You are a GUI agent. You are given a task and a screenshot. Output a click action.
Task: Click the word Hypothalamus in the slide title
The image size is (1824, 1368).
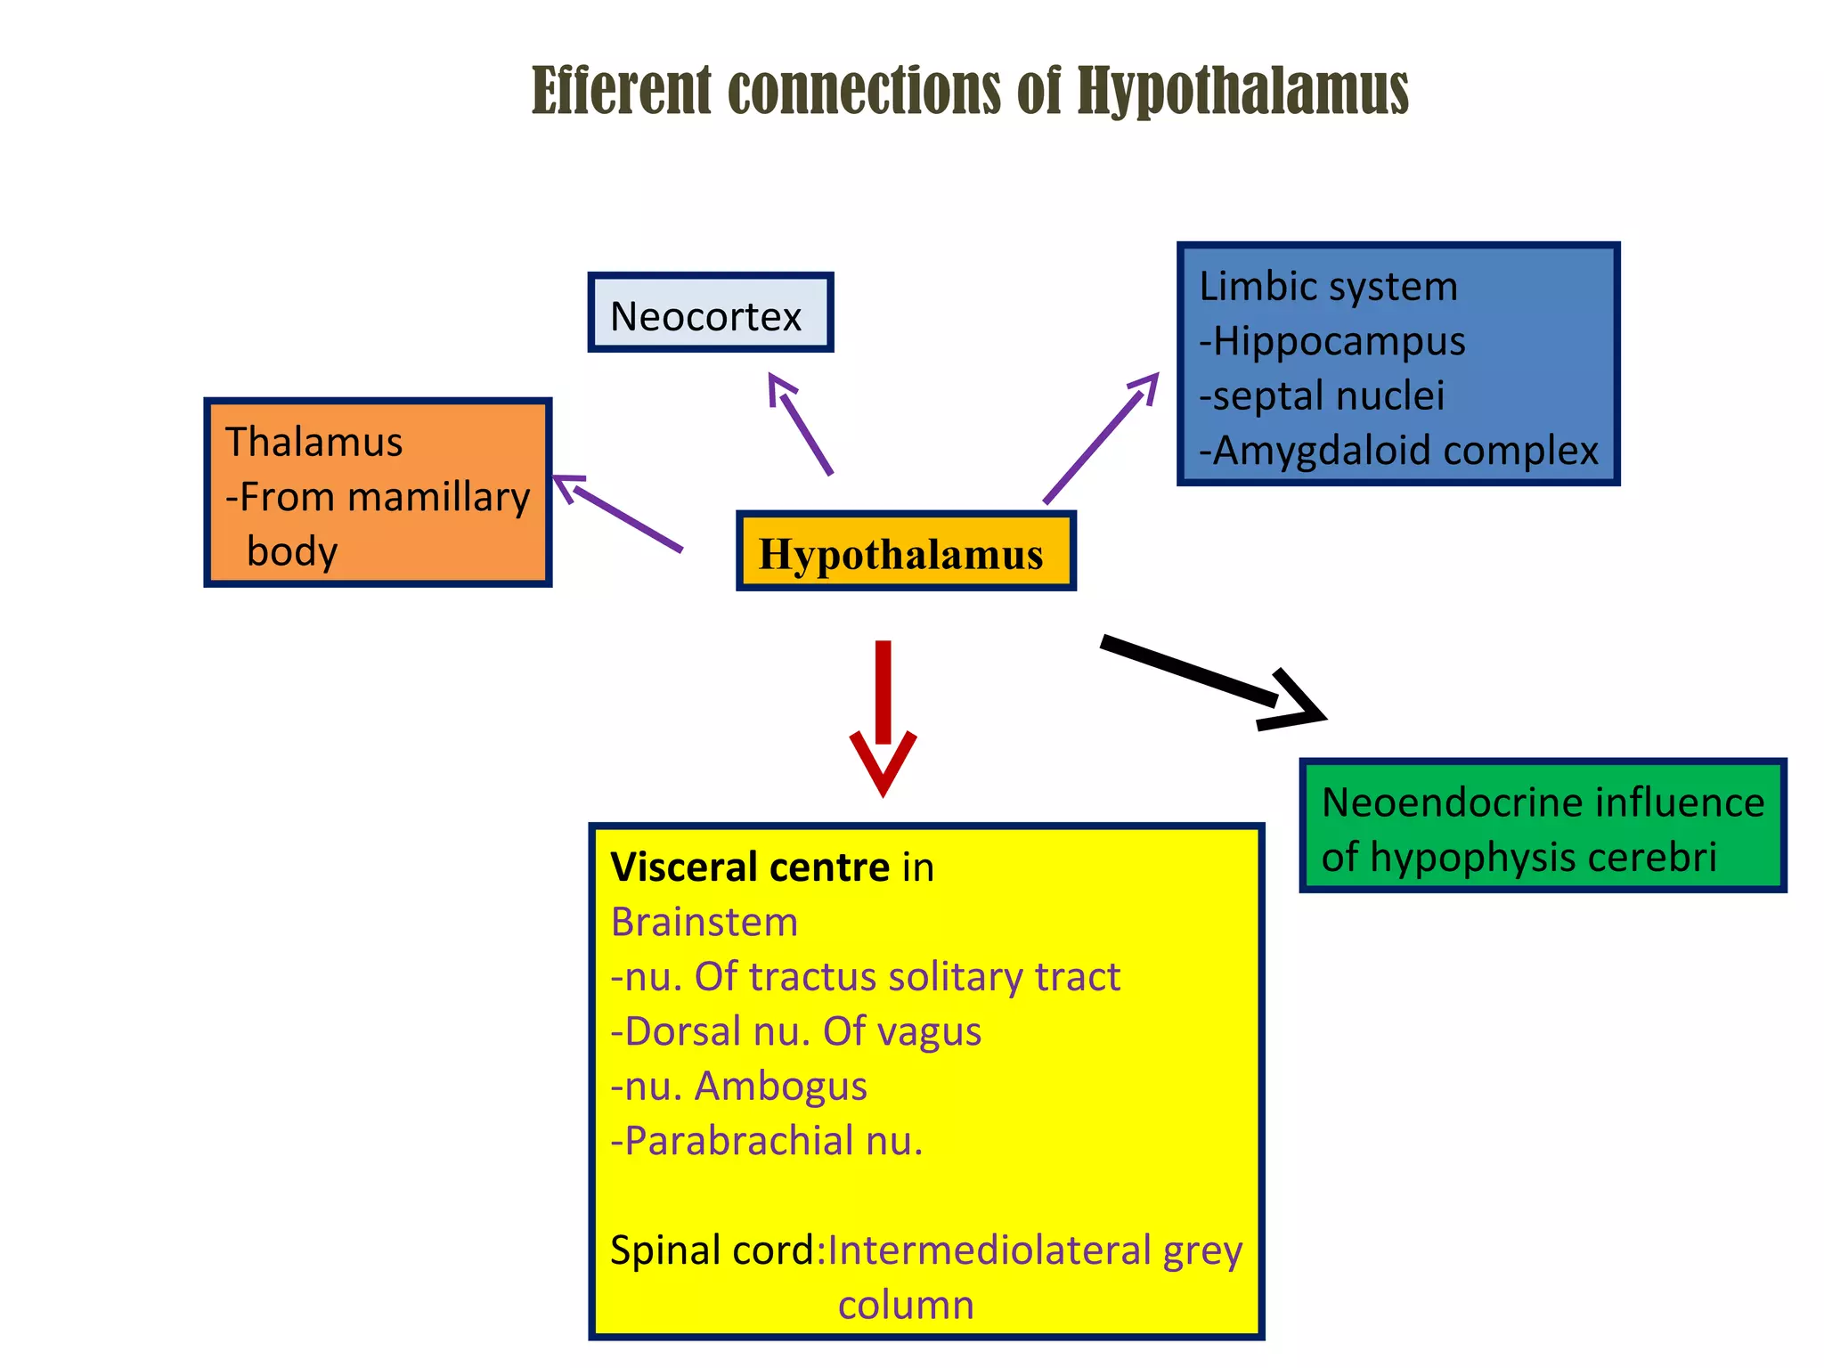[1242, 91]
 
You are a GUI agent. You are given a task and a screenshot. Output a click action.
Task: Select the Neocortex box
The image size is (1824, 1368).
[710, 313]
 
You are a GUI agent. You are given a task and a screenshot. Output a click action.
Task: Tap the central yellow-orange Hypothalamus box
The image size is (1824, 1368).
[905, 552]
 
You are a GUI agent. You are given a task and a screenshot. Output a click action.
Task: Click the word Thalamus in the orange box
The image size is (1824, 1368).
[313, 443]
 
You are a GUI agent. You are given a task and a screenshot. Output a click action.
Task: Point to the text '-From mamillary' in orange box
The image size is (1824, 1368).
[378, 497]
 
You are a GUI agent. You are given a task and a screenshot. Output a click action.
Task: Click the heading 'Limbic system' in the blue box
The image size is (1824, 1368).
[1327, 287]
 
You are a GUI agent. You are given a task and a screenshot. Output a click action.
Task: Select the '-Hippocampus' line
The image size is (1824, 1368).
[1331, 341]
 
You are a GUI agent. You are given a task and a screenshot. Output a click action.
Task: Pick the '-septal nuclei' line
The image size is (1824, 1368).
[1321, 396]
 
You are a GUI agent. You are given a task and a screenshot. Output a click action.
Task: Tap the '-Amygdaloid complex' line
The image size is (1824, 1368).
[1397, 451]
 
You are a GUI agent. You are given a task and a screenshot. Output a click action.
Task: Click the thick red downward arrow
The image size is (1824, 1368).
[883, 712]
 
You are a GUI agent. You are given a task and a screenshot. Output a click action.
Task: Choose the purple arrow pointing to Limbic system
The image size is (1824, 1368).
[1101, 437]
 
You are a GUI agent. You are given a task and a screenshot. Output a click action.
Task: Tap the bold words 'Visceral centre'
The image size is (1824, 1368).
[749, 867]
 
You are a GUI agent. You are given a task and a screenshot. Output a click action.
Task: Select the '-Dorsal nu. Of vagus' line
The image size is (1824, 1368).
[795, 1031]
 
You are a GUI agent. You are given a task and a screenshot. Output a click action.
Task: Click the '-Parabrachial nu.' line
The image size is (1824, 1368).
[766, 1141]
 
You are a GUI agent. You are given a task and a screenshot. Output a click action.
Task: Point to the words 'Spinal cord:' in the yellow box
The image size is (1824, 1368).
[717, 1250]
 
